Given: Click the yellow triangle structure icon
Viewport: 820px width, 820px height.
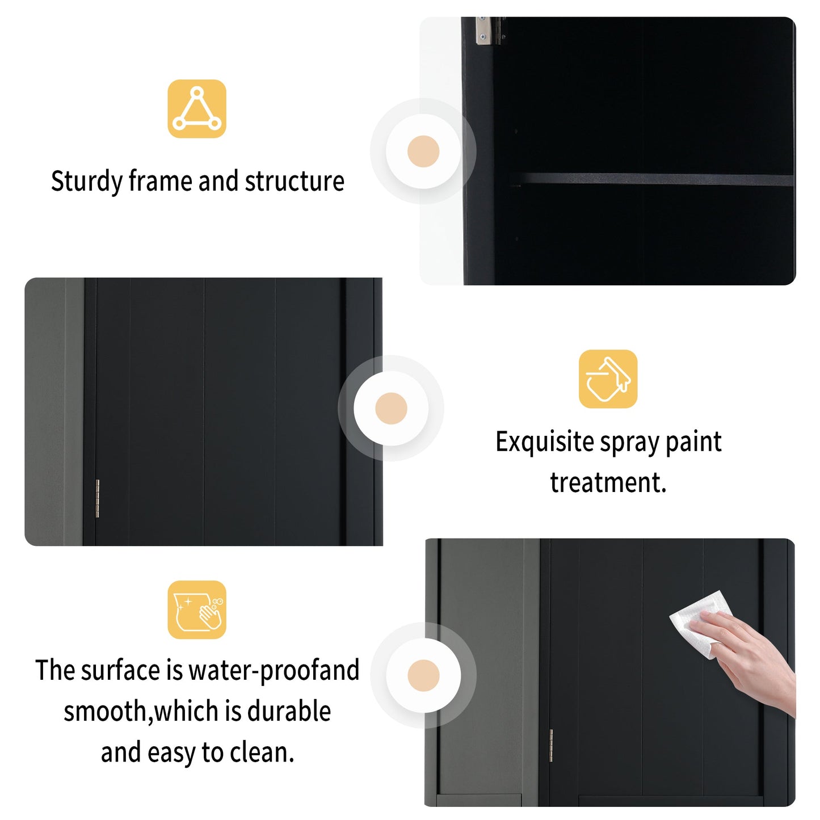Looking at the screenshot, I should (196, 108).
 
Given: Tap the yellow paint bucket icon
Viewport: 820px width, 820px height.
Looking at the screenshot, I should (608, 379).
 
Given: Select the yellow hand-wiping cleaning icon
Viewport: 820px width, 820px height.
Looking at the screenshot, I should (196, 609).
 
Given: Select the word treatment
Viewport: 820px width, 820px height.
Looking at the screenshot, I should (608, 482).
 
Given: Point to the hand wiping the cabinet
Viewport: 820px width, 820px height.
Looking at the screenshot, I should (749, 658).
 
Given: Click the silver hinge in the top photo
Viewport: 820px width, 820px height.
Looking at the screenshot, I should (483, 30).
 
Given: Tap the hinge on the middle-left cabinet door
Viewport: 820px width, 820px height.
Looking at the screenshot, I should (97, 498).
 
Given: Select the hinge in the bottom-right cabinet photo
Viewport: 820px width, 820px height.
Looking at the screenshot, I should (550, 745).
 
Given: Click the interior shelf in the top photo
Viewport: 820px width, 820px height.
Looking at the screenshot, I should (653, 180).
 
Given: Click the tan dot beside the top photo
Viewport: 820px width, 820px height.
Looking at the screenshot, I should (423, 152).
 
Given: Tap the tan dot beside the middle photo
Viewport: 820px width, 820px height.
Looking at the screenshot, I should (391, 408).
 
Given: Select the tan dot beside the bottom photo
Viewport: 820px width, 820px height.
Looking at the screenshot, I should (423, 675).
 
